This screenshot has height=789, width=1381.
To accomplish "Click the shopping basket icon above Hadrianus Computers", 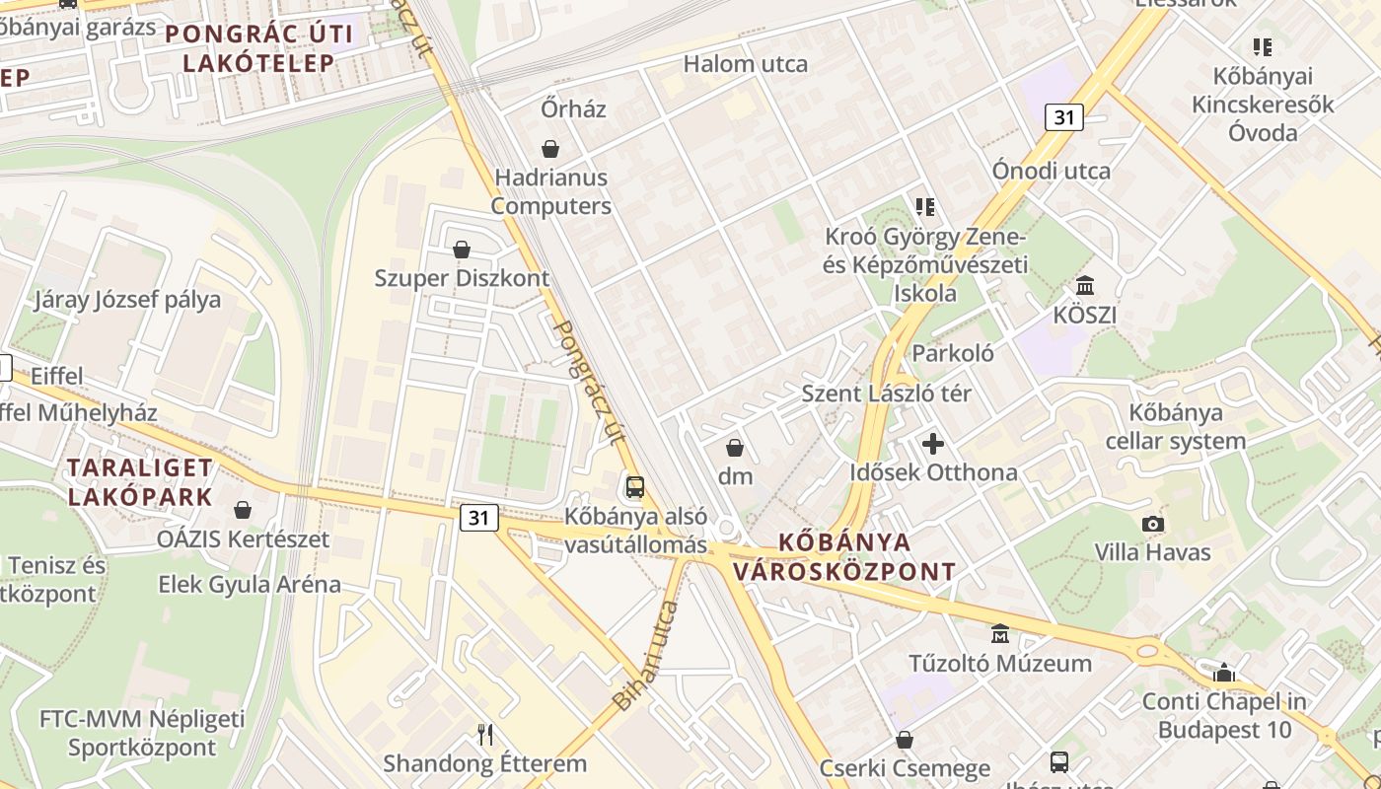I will point(549,149).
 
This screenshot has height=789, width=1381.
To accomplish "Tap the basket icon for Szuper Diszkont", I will point(461,250).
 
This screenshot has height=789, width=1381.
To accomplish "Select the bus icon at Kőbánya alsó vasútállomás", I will point(635,486).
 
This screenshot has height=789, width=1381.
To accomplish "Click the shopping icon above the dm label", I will point(735,448).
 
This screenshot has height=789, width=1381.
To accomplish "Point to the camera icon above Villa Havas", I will point(1152,524).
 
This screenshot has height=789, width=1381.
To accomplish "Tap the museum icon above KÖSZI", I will point(1085,286).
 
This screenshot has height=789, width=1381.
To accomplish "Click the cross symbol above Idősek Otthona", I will point(933,444).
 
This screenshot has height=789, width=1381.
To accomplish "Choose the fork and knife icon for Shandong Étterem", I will point(484,735).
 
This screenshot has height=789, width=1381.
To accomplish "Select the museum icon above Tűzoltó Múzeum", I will point(1000,634).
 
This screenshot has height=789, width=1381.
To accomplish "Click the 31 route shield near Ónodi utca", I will point(1063,117).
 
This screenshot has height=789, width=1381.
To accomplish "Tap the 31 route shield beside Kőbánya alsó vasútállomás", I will point(478,517).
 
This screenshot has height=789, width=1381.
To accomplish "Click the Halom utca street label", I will point(746,64).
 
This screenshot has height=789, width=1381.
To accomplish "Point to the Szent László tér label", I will point(886,394).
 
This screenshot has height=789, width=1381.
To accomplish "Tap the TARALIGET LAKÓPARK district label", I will point(139,482).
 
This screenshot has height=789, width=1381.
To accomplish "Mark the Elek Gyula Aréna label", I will point(250,584).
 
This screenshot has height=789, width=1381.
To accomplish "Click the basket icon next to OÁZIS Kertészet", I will point(243,510).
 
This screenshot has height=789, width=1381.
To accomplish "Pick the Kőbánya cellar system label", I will point(1176,426).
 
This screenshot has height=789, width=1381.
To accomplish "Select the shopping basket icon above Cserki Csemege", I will point(904,740).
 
